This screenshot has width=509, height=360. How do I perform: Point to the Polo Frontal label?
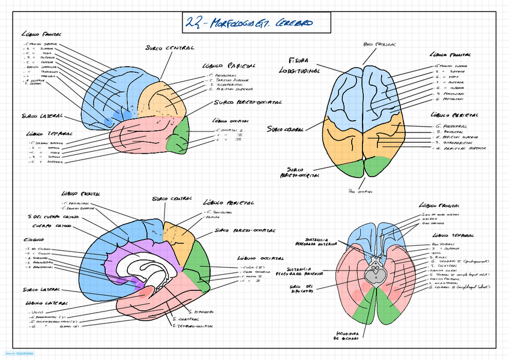[380, 44]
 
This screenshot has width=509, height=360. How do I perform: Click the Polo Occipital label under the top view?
[361, 192]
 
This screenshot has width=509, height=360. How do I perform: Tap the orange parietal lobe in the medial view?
[176, 237]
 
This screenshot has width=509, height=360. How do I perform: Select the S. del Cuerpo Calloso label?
[50, 217]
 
